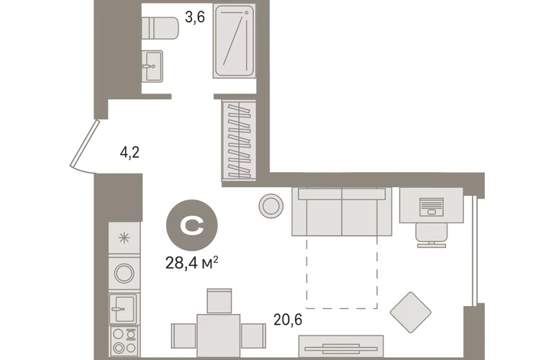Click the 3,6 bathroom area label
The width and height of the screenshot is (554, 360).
pos(195,17)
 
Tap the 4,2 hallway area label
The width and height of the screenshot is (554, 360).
pos(130,153)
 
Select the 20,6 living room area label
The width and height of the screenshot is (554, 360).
pos(288,320)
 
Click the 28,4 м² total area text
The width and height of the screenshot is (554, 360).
pos(191,263)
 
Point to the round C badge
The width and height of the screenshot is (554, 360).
pos(192,225)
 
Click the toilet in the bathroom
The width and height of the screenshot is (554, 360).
pos(160,28)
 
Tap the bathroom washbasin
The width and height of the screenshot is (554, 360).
pos(153,66)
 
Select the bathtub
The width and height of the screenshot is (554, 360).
pos(234,41)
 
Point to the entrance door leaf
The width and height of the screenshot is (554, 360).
pos(84,143)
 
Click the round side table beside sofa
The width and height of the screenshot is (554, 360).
pos(271,206)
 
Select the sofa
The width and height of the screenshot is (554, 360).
pos(342,212)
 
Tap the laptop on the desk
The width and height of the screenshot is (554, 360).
pos(432,207)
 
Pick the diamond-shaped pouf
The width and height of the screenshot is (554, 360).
pos(411,312)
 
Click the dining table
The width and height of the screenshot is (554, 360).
pos(219,336)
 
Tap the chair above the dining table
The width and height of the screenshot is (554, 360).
pos(219,301)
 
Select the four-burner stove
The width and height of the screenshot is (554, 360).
pos(124,341)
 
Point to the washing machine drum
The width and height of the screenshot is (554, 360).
pos(124,274)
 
